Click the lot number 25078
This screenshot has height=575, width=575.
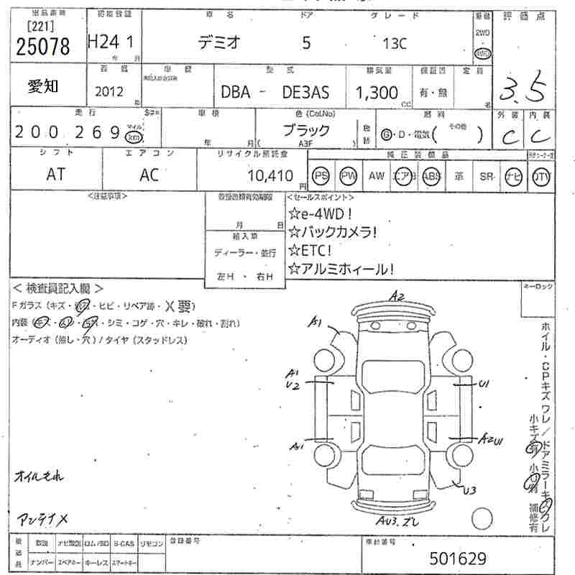tap(42, 47)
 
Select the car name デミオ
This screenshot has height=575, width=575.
tap(221, 43)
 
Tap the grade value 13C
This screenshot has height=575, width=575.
tap(395, 43)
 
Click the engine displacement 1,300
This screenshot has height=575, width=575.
tap(377, 92)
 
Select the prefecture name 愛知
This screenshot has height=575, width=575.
tap(44, 87)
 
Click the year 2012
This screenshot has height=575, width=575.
tap(109, 92)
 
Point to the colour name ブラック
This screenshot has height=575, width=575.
tap(305, 131)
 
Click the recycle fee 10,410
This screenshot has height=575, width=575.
tap(270, 175)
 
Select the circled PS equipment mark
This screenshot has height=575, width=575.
tap(321, 176)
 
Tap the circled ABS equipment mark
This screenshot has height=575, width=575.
tap(431, 176)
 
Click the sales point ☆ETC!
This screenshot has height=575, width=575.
tap(310, 250)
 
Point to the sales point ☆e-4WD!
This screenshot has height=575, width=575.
tap(321, 213)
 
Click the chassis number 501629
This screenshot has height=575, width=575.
tap(458, 558)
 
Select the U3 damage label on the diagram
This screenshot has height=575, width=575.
tap(469, 491)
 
